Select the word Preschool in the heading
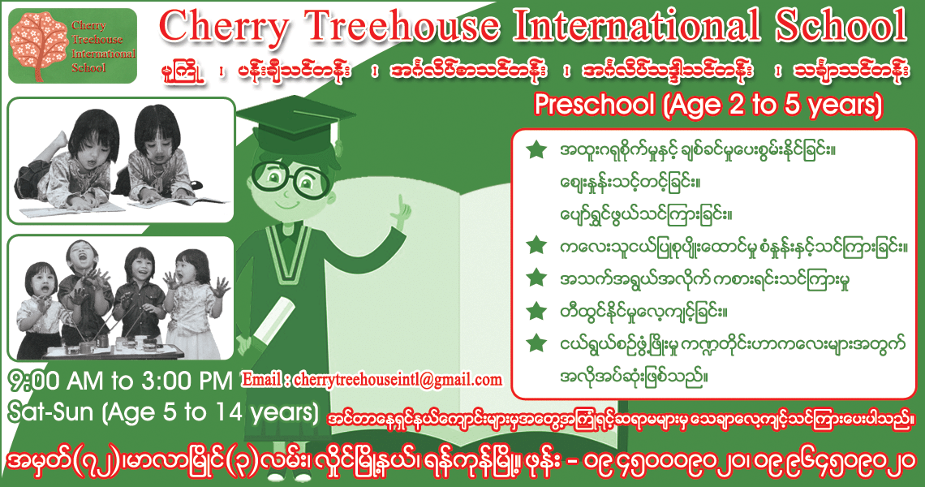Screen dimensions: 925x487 pyautogui.click(x=595, y=105)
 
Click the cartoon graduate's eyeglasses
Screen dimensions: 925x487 pyautogui.click(x=290, y=176)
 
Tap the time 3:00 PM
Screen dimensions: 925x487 pyautogui.click(x=187, y=381)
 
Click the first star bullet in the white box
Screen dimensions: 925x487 pyautogui.click(x=536, y=149)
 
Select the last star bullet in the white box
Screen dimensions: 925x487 pyautogui.click(x=536, y=343)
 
